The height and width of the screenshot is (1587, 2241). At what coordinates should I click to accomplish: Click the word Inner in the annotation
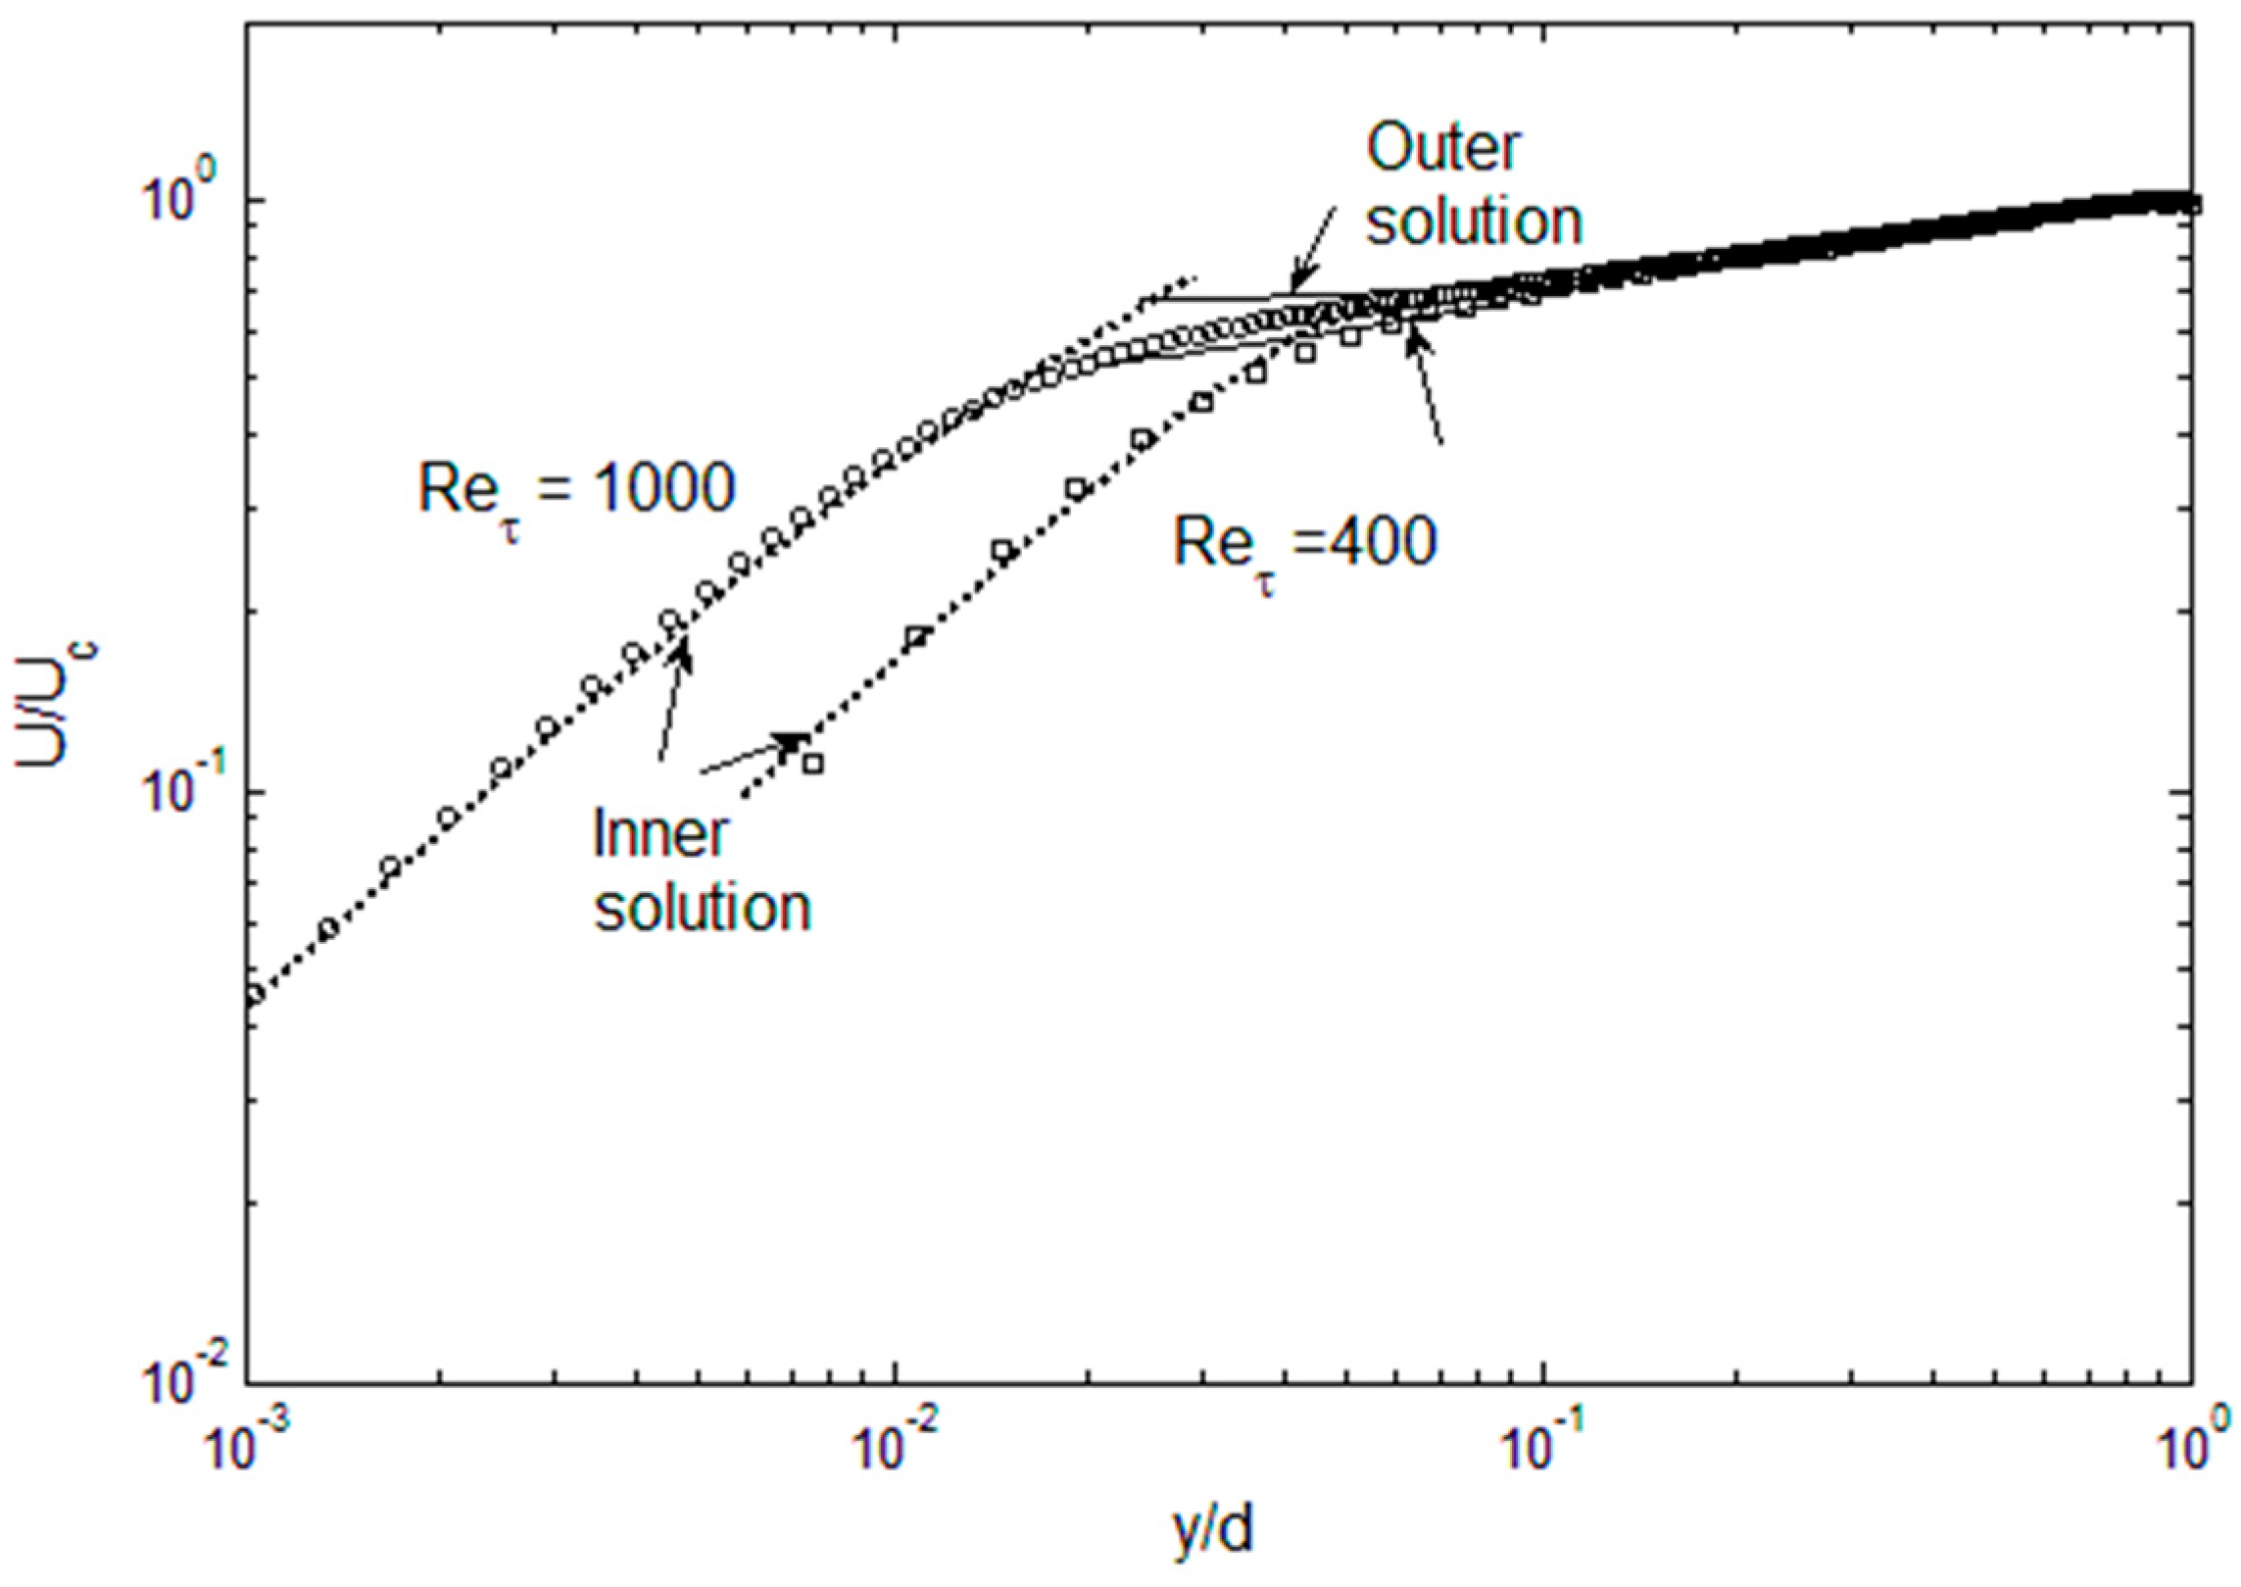click(x=661, y=835)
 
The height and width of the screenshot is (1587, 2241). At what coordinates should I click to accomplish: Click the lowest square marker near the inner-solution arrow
click(x=811, y=764)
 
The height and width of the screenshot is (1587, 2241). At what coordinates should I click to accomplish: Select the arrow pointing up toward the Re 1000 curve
click(x=676, y=696)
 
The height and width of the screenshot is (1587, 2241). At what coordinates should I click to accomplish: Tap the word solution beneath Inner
click(x=704, y=908)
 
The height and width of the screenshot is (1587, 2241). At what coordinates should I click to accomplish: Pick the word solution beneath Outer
click(x=1474, y=222)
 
